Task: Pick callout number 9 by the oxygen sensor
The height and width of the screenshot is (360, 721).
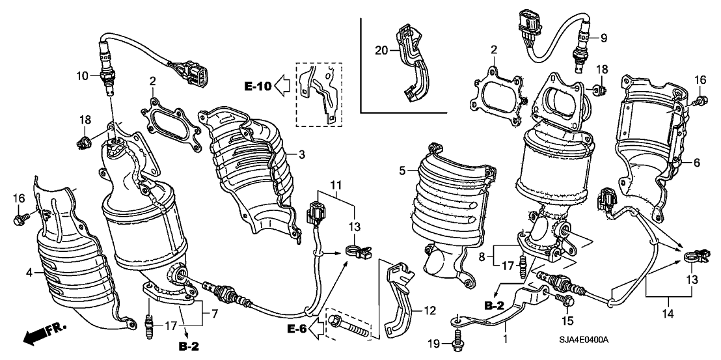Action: [x=603, y=38]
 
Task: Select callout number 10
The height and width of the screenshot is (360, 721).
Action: [x=82, y=76]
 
